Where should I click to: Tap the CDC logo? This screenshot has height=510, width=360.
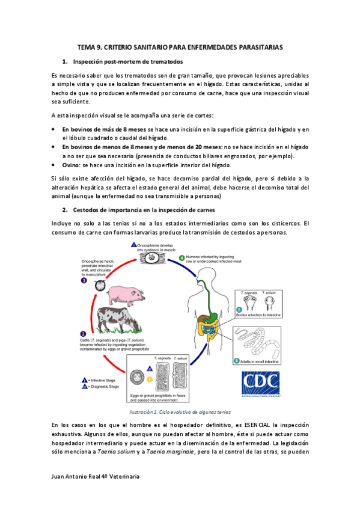(261, 383)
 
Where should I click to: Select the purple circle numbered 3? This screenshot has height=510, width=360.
(84, 280)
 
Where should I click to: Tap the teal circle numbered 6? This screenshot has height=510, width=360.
(236, 361)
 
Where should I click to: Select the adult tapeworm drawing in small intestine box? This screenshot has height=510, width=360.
(258, 342)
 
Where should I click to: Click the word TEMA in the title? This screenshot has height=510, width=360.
(89, 46)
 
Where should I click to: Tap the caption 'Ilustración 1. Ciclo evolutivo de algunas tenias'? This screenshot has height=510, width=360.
(180, 411)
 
